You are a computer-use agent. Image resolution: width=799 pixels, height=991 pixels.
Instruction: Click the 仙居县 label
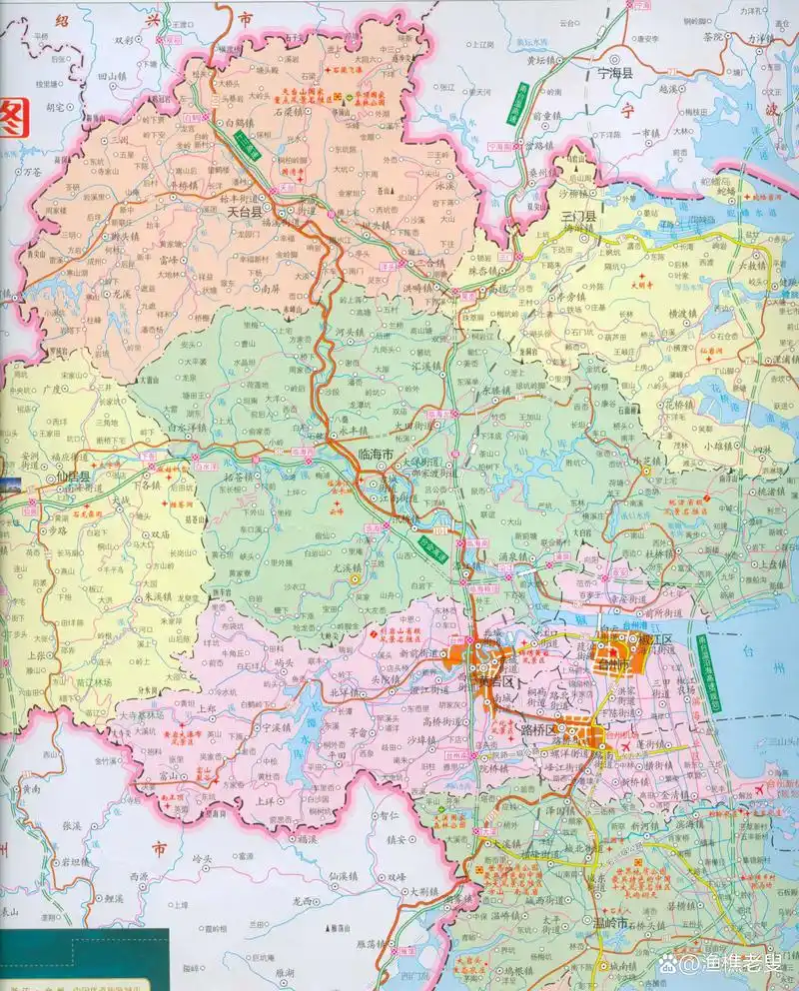point(71,478)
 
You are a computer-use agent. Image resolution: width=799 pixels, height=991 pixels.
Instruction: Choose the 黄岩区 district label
point(496,681)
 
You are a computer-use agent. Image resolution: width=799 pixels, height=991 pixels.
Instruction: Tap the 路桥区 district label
point(535,729)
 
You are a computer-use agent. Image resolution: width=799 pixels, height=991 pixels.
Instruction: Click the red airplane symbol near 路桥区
point(625,746)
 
